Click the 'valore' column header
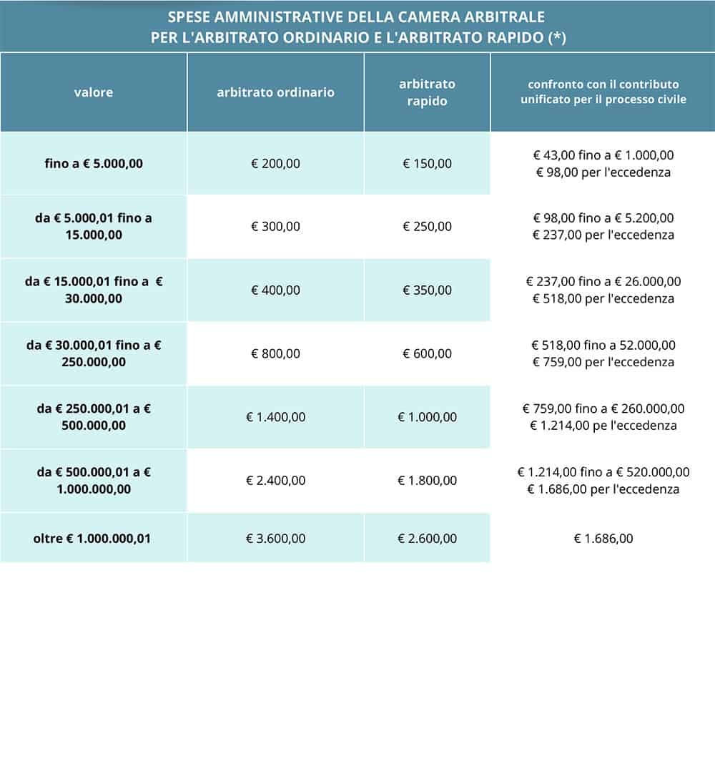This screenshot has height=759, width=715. (x=94, y=92)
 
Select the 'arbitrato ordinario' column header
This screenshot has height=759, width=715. (x=275, y=92)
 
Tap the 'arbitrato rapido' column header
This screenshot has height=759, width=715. (x=427, y=92)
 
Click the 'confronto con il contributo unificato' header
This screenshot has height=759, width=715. (x=603, y=92)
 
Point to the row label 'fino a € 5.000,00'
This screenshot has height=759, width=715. (x=94, y=163)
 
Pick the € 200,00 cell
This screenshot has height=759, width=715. (x=275, y=163)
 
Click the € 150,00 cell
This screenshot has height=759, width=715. (x=427, y=163)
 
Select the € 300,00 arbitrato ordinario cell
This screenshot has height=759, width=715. (x=275, y=226)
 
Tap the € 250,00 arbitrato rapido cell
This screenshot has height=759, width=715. (x=427, y=226)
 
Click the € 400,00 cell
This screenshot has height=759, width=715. (x=275, y=290)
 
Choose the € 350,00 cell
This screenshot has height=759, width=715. (x=427, y=290)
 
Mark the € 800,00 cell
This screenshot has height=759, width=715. (x=275, y=353)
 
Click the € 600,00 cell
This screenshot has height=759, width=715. (x=427, y=353)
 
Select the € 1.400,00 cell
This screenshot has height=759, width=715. (x=275, y=417)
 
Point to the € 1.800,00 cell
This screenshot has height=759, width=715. (x=427, y=481)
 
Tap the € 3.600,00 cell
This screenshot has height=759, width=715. (x=275, y=538)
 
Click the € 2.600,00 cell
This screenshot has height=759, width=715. (x=427, y=538)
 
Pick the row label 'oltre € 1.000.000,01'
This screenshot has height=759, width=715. (x=94, y=538)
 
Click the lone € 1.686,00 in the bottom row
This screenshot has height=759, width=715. (x=603, y=538)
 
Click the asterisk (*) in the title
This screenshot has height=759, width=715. (x=557, y=38)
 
